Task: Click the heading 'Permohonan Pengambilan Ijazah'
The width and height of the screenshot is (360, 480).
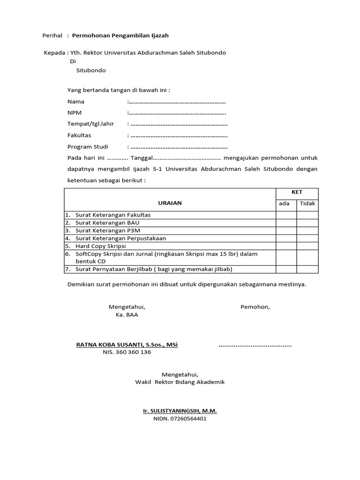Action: point(120,35)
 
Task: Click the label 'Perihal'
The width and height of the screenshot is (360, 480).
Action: point(52,35)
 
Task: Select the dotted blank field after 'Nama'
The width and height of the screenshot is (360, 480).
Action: point(177,102)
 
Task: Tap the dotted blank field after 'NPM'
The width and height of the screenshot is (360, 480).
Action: point(177,113)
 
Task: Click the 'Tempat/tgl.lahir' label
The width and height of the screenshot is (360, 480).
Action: point(90,124)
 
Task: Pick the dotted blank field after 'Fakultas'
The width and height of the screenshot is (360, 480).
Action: point(178,135)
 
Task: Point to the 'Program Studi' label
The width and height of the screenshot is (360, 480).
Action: point(88,147)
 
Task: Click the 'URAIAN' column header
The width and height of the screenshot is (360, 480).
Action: point(170,203)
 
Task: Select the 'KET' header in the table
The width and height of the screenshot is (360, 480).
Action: point(297,192)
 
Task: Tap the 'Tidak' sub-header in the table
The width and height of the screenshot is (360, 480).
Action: point(307,203)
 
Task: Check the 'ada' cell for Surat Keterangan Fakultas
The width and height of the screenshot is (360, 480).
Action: point(286,215)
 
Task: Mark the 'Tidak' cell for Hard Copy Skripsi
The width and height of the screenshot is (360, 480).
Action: point(307,246)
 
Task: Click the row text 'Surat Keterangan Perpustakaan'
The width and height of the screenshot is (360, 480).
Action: point(120,238)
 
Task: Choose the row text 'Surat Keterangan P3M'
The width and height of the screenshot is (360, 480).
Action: point(107,231)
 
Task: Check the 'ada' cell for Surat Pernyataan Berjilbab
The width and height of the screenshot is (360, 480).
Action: point(286,269)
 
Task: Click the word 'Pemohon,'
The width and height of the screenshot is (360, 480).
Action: point(255,307)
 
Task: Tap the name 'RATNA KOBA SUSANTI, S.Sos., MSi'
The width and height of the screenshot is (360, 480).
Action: point(127,345)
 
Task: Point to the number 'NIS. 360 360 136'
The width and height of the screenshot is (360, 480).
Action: point(127,352)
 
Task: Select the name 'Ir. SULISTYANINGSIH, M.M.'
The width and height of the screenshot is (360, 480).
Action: point(180,411)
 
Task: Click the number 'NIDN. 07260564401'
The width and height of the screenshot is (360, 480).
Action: point(180,419)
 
